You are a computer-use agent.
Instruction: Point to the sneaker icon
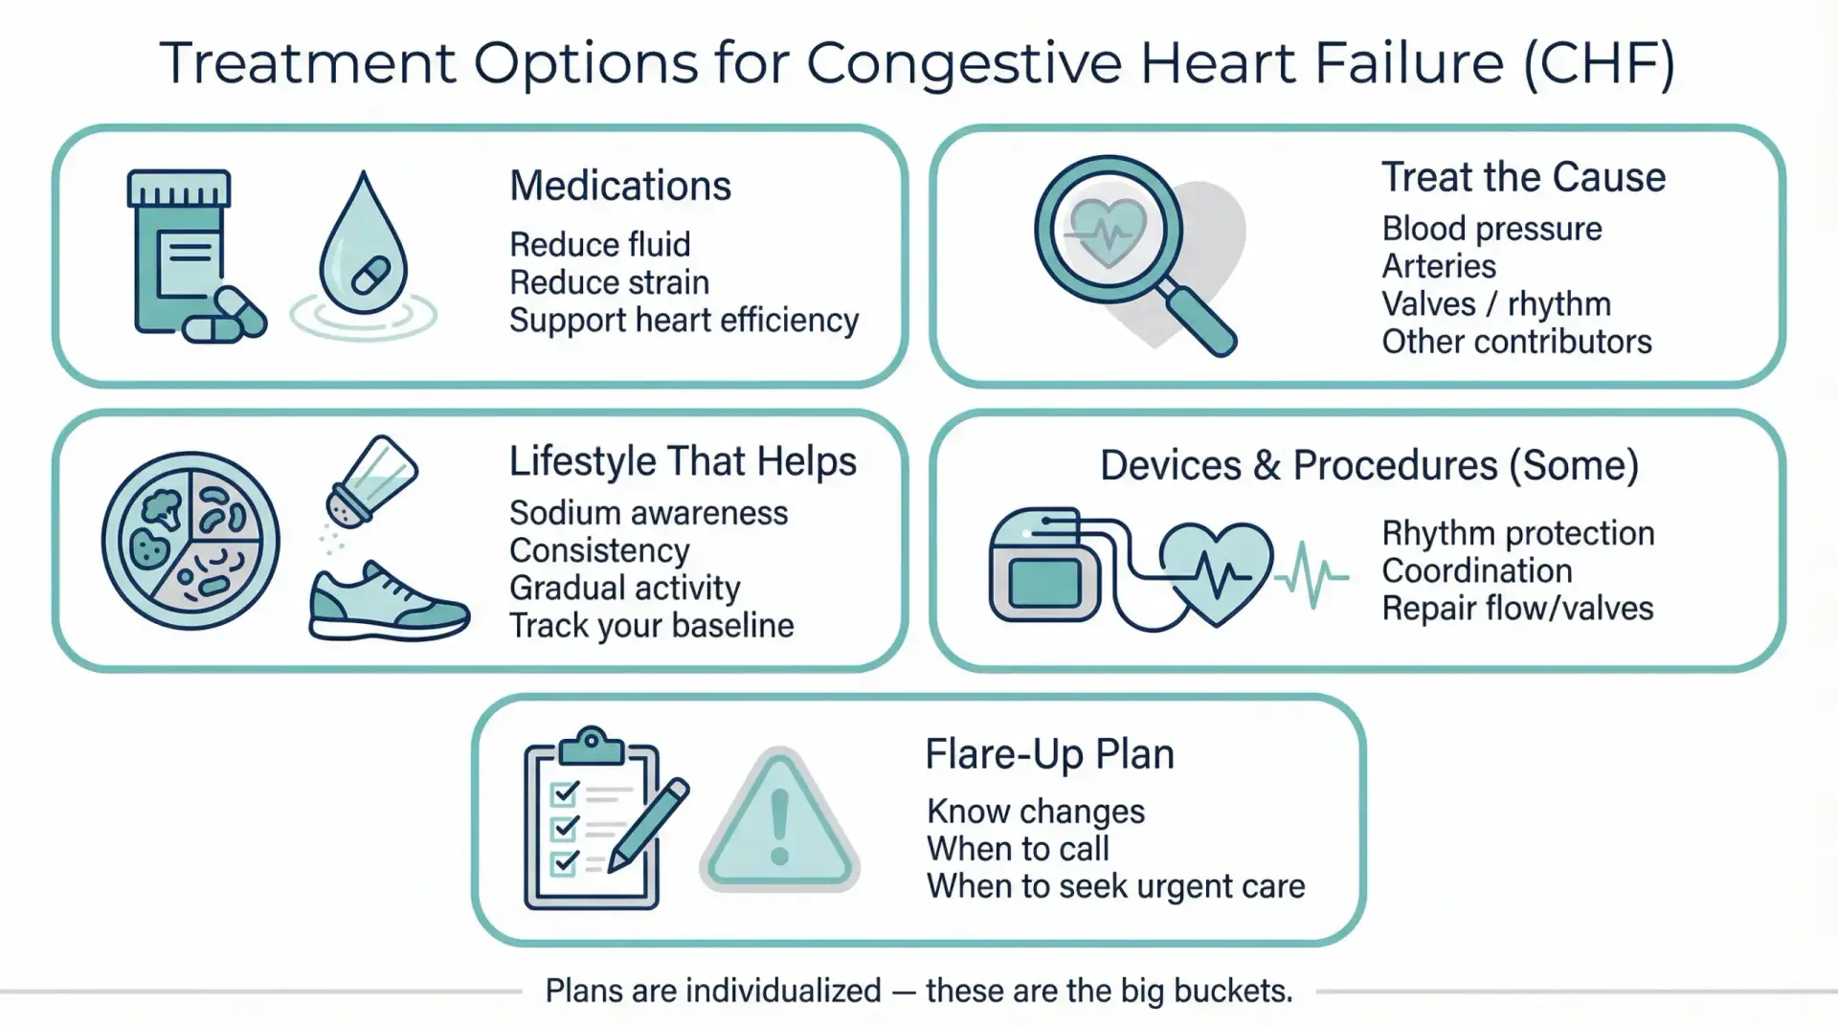[x=389, y=601]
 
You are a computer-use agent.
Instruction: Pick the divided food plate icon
[x=191, y=541]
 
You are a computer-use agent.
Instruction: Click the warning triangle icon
[x=779, y=820]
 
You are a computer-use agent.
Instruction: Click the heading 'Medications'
[x=620, y=186]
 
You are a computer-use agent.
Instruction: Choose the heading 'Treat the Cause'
[x=1523, y=178]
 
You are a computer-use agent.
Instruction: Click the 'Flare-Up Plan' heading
[x=1049, y=754]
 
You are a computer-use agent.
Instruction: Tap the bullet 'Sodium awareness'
[x=648, y=513]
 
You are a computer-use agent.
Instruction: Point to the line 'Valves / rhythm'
[x=1496, y=304]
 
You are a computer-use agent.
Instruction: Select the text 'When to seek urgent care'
[x=1115, y=886]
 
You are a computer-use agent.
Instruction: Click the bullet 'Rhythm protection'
[x=1518, y=533]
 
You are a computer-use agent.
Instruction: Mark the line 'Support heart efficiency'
[x=684, y=321]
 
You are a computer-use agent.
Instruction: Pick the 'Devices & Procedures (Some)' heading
[x=1369, y=466]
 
